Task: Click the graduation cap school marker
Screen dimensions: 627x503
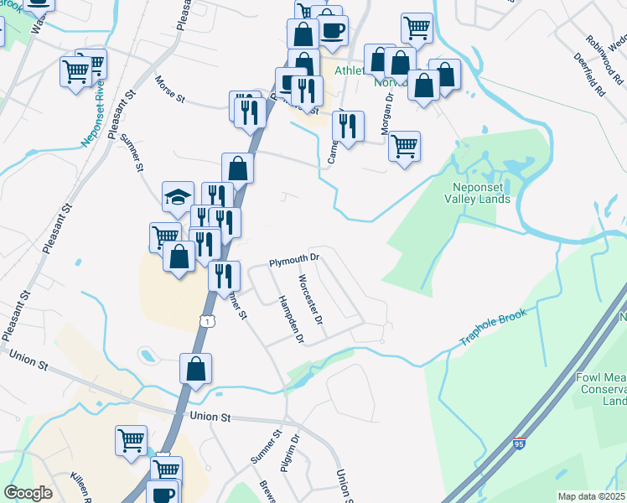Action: (178, 197)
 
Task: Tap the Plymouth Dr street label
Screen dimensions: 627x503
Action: (295, 261)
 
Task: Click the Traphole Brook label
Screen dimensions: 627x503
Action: (493, 328)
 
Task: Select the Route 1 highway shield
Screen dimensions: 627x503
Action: (205, 321)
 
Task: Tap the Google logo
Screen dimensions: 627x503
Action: (28, 493)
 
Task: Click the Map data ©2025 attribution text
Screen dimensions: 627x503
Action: (591, 496)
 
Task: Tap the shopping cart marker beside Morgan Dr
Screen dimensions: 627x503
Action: (405, 146)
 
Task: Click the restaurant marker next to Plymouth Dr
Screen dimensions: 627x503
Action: (224, 276)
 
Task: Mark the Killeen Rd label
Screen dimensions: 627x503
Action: (84, 485)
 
